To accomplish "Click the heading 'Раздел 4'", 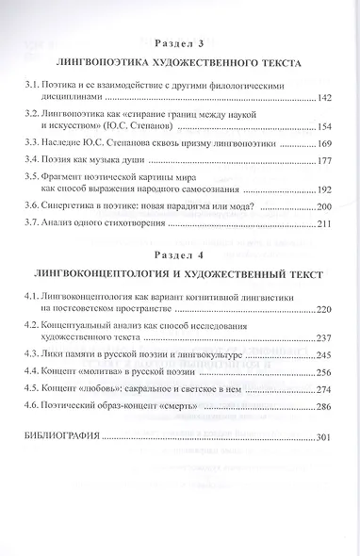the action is click(179, 253).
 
